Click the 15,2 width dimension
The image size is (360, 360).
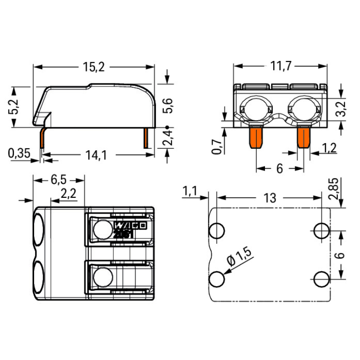click(x=94, y=67)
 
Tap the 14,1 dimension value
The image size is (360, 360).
click(x=96, y=155)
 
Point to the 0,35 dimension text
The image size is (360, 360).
click(x=19, y=153)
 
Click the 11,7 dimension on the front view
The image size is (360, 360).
click(x=281, y=66)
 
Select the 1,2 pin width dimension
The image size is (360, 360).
click(x=329, y=148)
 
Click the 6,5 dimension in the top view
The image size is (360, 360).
click(x=59, y=180)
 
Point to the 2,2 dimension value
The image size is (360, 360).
click(x=69, y=193)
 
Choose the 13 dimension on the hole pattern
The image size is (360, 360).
click(x=270, y=198)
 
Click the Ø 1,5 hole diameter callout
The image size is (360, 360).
click(x=239, y=257)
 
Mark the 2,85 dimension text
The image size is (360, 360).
click(x=334, y=189)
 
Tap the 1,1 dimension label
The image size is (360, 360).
click(x=190, y=191)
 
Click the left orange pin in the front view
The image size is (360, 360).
click(x=256, y=138)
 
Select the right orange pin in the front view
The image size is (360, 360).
click(x=304, y=138)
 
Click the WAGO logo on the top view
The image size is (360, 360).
click(x=130, y=226)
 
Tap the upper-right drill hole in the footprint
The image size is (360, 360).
click(x=322, y=230)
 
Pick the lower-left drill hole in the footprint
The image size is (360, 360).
click(x=217, y=279)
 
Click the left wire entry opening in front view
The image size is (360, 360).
click(x=256, y=109)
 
